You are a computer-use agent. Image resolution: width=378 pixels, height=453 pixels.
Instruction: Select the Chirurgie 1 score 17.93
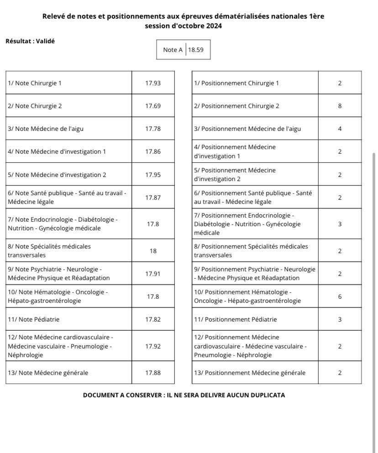click(x=153, y=83)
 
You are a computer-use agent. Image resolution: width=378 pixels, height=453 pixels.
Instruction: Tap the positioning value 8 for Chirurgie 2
click(x=340, y=106)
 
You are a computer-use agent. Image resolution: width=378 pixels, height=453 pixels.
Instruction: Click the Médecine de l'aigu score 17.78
click(x=153, y=129)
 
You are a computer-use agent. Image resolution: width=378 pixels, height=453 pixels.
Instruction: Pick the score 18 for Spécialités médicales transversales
click(x=153, y=251)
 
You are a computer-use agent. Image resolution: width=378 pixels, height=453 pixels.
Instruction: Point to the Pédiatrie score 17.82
click(x=153, y=319)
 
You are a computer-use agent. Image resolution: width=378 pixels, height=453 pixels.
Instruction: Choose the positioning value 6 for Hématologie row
click(x=340, y=297)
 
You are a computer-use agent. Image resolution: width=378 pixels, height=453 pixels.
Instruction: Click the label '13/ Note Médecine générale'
click(x=48, y=373)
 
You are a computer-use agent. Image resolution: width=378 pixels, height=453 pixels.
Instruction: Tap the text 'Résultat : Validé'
click(x=30, y=41)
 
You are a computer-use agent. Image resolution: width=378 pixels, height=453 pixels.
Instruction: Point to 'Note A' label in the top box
click(x=173, y=50)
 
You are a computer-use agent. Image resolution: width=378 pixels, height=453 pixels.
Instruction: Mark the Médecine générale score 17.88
click(x=153, y=373)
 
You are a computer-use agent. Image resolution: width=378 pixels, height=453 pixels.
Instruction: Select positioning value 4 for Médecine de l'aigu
click(x=340, y=129)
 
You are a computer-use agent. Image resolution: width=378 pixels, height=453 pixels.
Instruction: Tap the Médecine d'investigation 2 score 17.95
click(x=153, y=174)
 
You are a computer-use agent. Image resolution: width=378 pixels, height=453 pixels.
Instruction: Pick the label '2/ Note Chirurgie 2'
click(x=35, y=106)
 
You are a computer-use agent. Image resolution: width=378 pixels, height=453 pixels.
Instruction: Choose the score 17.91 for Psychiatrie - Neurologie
click(x=153, y=274)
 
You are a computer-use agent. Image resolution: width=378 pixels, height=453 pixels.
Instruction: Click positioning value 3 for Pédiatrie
click(x=340, y=319)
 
